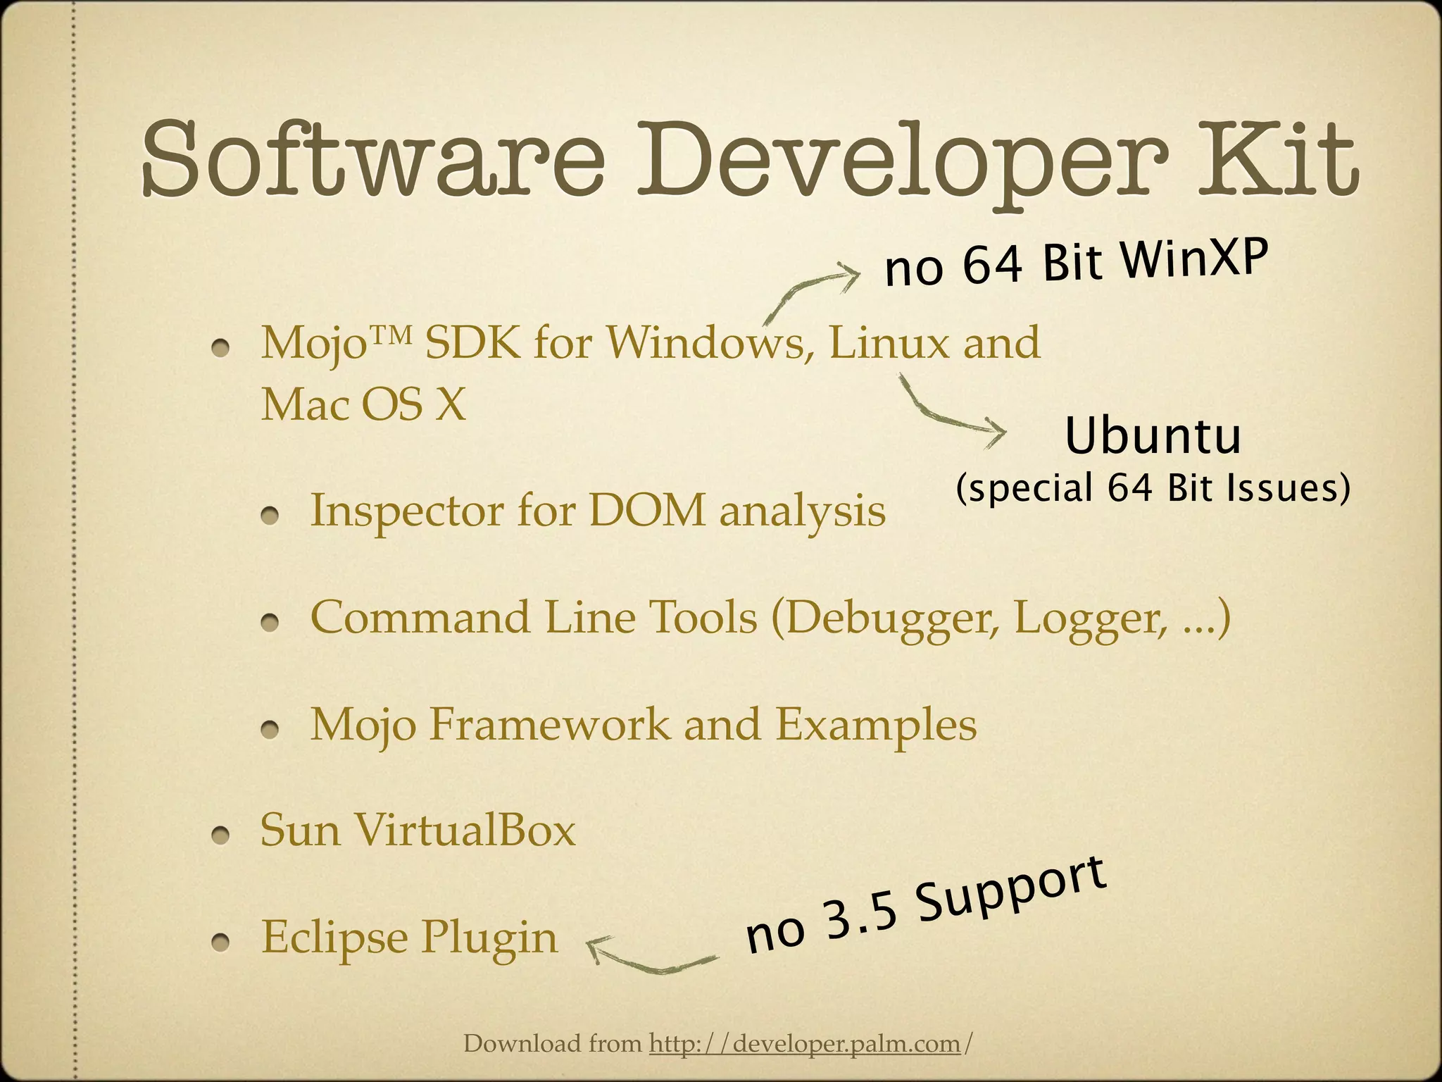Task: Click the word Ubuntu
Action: coord(1153,436)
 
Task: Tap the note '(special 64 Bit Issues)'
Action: coord(1153,488)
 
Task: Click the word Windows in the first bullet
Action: coord(706,343)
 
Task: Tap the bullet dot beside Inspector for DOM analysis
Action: coord(272,516)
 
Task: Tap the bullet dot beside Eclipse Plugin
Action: coord(222,943)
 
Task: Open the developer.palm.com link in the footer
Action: coord(805,1043)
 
